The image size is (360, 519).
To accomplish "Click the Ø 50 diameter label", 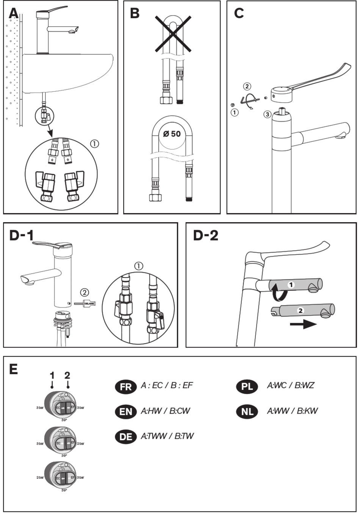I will point(172,134).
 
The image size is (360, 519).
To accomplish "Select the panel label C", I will point(239,13).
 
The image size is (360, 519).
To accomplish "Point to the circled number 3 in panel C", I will point(268,114).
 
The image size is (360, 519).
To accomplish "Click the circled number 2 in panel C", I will point(247,86).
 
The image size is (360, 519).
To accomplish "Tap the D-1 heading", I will point(22,235).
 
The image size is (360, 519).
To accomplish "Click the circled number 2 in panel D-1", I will point(85,292).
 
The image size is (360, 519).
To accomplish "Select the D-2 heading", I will point(206,235).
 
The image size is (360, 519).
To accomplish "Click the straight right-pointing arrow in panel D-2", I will point(303,325).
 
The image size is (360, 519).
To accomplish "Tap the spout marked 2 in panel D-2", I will point(303,310).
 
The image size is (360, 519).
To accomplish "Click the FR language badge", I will point(125,387).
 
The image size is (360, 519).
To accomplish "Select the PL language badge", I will point(247,387).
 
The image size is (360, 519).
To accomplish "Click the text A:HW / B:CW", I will point(165,411).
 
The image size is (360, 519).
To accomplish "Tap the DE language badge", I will point(125,437).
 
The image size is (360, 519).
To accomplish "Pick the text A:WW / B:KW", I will point(292,411).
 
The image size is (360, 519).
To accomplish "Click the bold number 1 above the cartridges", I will point(52,375).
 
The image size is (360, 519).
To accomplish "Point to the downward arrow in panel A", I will point(50,133).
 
